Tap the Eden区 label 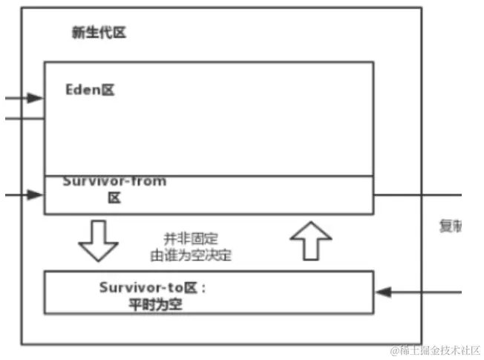click(x=91, y=91)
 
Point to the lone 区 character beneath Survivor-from click(x=114, y=198)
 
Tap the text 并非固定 click(x=191, y=238)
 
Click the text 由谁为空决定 click(x=190, y=254)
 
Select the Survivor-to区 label click(x=151, y=287)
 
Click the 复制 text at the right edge click(x=451, y=226)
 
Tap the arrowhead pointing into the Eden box click(x=35, y=98)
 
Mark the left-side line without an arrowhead click(x=22, y=118)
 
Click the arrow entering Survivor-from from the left click(x=25, y=195)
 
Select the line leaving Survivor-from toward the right click(x=416, y=195)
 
